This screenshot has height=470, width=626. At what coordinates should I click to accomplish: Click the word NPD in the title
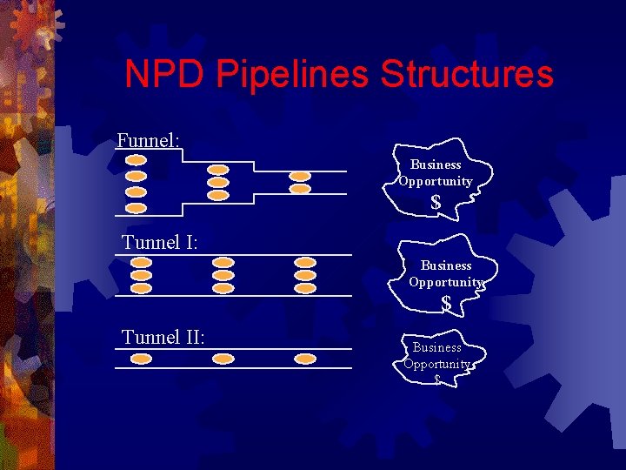point(164,74)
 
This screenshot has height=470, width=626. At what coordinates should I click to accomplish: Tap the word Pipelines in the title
point(291,74)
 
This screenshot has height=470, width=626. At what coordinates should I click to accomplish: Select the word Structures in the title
point(466,74)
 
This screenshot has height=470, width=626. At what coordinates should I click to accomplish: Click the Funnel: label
point(149,140)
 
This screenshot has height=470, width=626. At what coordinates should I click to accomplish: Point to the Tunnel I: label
point(160,242)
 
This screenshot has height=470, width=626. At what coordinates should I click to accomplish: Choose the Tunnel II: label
point(163,337)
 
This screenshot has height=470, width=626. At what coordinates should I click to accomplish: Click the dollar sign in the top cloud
point(436,203)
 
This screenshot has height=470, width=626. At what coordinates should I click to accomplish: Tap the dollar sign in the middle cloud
point(446,304)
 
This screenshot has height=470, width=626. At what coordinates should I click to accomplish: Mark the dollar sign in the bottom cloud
point(436,379)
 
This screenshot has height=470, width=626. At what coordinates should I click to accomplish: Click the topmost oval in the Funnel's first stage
point(137,160)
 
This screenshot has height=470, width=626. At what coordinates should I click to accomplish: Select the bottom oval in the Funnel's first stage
point(137,207)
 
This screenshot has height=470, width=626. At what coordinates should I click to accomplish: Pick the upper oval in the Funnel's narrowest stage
point(300,176)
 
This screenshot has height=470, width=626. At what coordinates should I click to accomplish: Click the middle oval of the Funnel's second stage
point(219,183)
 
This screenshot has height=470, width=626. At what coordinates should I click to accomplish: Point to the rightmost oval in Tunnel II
point(304,359)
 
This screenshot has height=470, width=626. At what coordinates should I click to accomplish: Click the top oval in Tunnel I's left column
point(142,262)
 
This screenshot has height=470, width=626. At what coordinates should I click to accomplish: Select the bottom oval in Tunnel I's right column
point(304,287)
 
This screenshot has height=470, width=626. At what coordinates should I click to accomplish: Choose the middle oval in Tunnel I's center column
point(223,275)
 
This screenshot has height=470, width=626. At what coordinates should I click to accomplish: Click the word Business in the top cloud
point(436,164)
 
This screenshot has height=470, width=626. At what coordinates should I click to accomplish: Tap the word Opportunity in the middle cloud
point(446,282)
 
